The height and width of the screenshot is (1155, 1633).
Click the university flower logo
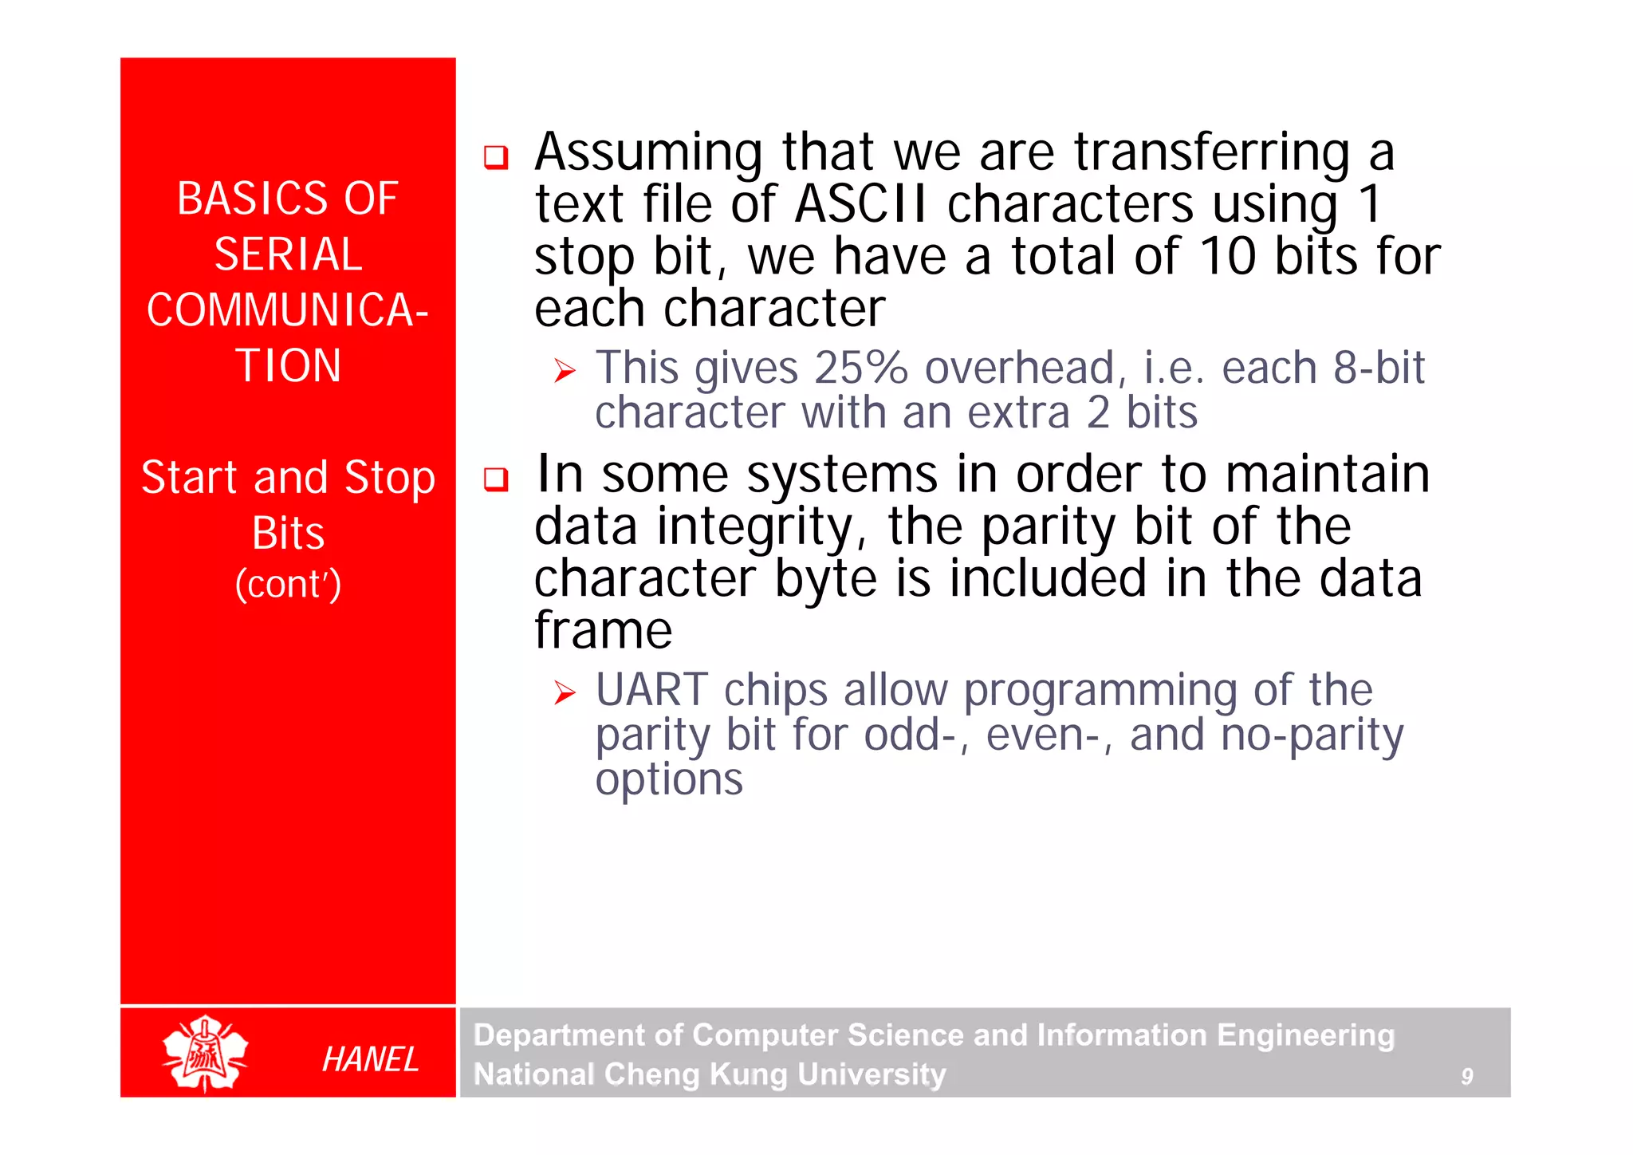click(x=205, y=1053)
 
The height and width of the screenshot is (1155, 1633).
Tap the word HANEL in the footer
click(x=370, y=1060)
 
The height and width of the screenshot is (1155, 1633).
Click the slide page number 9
click(x=1466, y=1077)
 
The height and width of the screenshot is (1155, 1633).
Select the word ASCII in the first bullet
click(x=861, y=204)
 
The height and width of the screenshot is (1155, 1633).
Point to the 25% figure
click(x=860, y=368)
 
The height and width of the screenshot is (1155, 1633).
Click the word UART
click(x=651, y=690)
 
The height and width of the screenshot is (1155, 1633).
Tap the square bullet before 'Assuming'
click(x=496, y=156)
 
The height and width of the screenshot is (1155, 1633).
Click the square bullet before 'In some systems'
click(x=496, y=479)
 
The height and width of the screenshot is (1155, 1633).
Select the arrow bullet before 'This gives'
click(x=565, y=371)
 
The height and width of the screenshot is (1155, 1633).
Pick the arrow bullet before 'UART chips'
click(x=565, y=693)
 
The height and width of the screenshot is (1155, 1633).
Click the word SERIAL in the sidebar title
click(x=288, y=254)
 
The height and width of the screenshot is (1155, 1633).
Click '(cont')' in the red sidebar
click(x=288, y=584)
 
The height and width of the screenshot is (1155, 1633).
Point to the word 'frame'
click(x=603, y=630)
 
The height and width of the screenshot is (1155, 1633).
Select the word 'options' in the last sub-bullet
click(x=669, y=779)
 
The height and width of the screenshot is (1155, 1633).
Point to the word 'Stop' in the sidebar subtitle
click(x=390, y=479)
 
